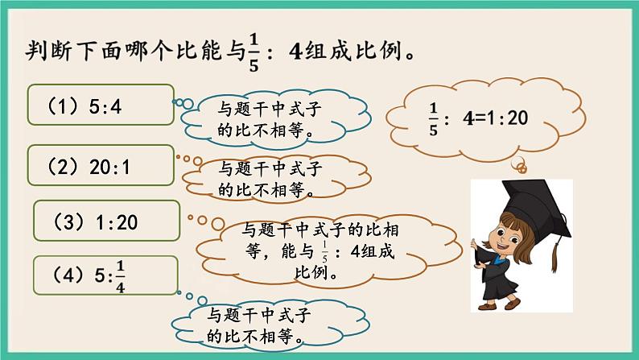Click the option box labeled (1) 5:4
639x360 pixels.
[100, 105]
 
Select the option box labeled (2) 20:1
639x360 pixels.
[100, 167]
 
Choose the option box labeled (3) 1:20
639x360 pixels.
[106, 218]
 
